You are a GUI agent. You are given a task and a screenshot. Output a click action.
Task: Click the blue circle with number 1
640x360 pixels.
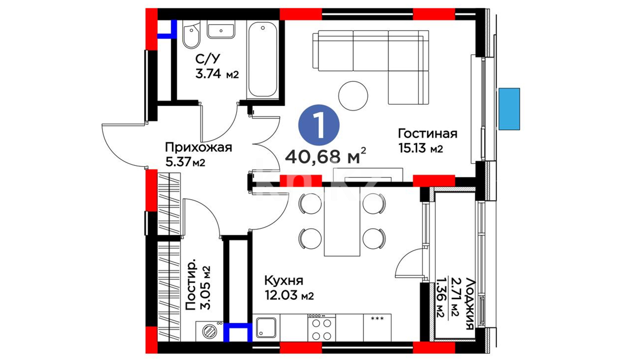point(319,125)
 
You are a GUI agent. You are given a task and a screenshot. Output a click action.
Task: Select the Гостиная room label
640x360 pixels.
point(428,133)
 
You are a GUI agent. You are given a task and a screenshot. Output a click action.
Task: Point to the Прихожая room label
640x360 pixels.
point(198,147)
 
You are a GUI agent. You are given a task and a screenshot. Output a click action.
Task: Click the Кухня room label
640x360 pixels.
point(284,281)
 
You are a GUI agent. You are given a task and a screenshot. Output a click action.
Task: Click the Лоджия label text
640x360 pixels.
point(469,304)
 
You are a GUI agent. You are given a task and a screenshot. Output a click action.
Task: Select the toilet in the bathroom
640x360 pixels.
point(191,35)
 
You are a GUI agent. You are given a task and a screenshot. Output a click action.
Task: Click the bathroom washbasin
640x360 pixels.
point(221,29)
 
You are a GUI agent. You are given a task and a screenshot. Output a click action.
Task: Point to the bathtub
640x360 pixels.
point(263,60)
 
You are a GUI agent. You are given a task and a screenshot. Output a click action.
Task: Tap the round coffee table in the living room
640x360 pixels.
point(353,96)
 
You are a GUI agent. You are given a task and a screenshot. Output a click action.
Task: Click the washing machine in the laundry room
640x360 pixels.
point(209,331)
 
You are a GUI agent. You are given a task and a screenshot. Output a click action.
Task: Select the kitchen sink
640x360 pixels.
point(266,328)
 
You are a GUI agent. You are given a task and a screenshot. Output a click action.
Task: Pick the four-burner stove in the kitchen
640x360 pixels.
point(322,328)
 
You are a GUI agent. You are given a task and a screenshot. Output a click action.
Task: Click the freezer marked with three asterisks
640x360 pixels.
point(377,328)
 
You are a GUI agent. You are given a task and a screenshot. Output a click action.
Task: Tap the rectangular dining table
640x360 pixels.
point(342,221)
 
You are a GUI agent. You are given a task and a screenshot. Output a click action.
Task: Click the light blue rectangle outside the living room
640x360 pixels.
point(509,109)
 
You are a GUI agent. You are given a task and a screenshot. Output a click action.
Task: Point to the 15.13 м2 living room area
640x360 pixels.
point(421,148)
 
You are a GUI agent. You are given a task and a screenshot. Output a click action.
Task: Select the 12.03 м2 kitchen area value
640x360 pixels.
point(289,295)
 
